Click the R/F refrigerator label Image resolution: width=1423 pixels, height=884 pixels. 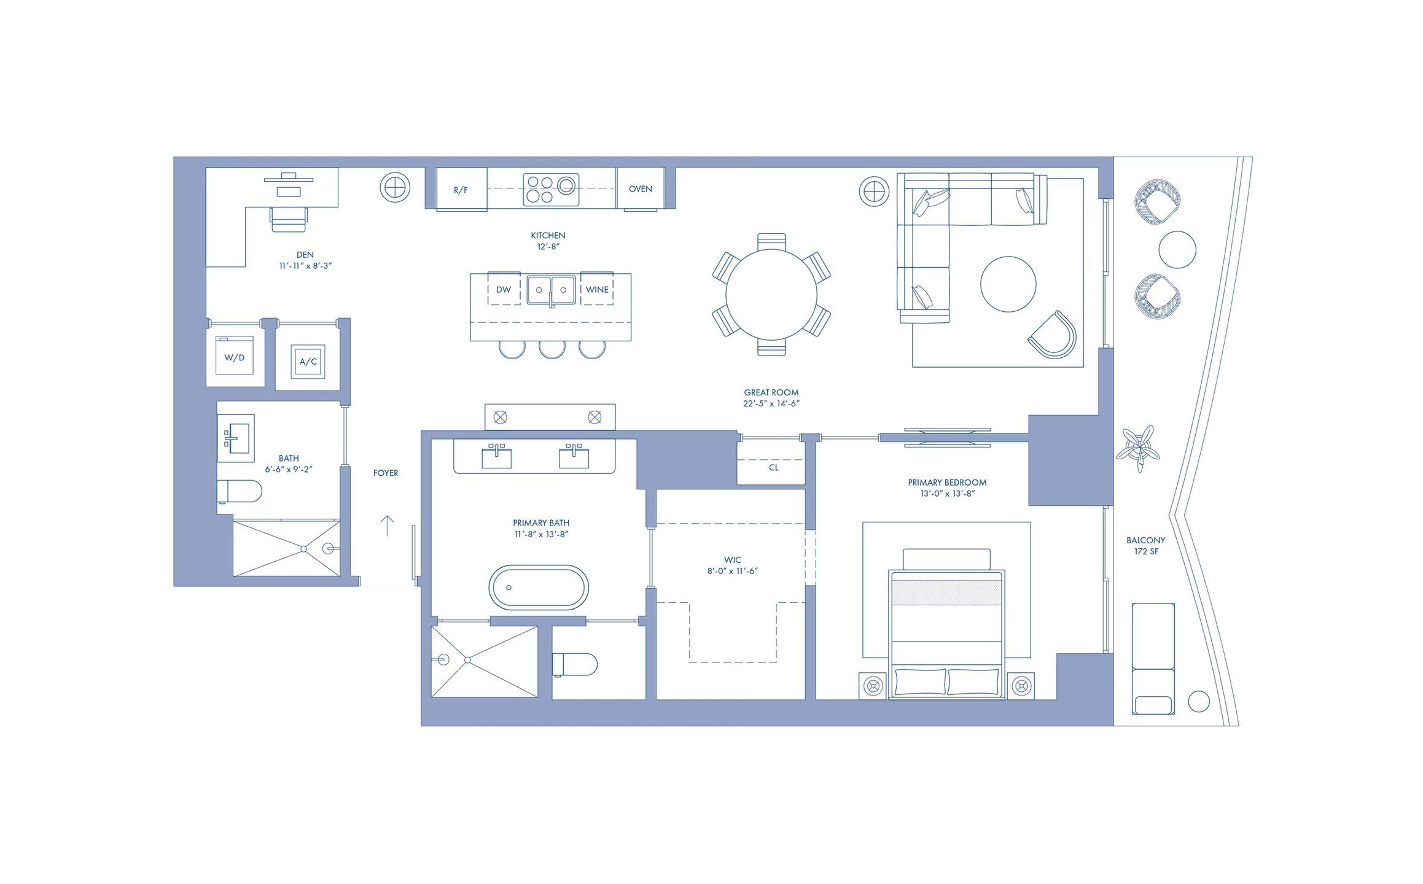tap(461, 190)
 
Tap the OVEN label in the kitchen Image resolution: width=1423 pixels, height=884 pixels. tap(640, 189)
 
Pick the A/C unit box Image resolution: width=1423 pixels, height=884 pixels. tap(308, 362)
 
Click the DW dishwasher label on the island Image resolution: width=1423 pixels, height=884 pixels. tap(504, 290)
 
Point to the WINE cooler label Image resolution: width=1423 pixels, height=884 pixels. tap(597, 290)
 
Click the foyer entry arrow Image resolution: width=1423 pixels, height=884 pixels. tap(387, 525)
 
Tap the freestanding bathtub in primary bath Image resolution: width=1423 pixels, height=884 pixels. tap(539, 587)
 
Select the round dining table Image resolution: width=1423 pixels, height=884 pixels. tap(771, 295)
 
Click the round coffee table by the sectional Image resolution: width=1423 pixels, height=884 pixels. tap(1008, 284)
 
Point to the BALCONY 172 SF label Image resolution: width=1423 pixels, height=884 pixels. tap(1145, 546)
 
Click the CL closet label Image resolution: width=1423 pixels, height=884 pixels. tap(773, 468)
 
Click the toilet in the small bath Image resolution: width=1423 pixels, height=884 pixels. tap(240, 491)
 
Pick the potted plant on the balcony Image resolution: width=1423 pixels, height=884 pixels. tap(1138, 448)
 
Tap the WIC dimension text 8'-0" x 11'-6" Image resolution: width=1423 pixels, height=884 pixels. tap(732, 571)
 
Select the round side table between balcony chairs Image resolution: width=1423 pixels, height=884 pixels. tap(1177, 249)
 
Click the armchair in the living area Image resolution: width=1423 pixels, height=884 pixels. tap(1053, 335)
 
